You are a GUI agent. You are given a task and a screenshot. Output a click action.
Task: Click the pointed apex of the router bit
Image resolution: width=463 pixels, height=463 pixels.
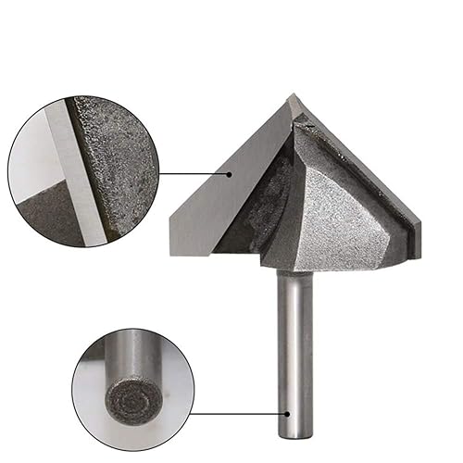[x=294, y=95]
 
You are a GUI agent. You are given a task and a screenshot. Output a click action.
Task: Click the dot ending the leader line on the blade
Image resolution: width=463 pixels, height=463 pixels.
[x=226, y=172]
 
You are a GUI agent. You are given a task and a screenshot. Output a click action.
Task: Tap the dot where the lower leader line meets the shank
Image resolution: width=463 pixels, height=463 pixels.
[x=287, y=415]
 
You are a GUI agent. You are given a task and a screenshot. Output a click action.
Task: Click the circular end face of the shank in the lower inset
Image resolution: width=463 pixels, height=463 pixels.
[x=125, y=401]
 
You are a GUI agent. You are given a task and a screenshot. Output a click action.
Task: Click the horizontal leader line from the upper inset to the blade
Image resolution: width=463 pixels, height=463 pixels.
[x=190, y=172]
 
